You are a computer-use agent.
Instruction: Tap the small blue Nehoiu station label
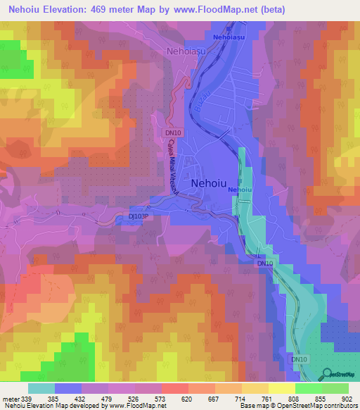click(x=240, y=190)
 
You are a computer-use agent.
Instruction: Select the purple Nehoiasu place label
click(x=186, y=51)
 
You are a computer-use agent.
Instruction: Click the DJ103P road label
click(x=141, y=218)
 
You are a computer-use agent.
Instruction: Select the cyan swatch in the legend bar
click(x=41, y=388)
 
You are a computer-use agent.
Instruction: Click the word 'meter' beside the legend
click(x=10, y=399)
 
